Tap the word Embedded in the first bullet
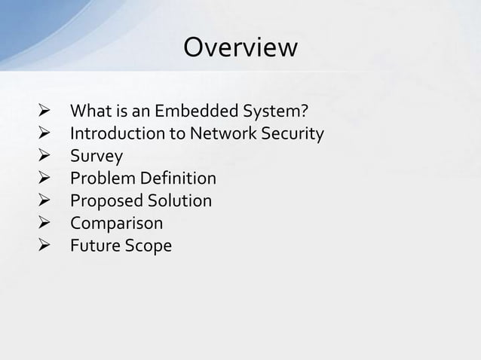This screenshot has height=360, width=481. [189, 113]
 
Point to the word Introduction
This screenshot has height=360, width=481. [112, 135]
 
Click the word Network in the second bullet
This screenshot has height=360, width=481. [208, 135]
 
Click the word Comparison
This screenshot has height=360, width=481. [116, 224]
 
